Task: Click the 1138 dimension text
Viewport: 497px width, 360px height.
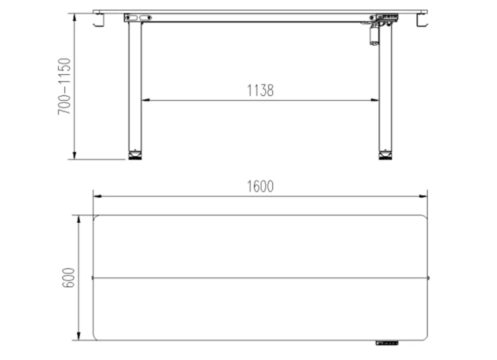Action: click(260, 90)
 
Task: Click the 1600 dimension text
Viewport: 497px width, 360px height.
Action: click(260, 186)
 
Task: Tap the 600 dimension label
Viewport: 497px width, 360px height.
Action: click(68, 278)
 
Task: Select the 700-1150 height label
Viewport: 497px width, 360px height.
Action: click(64, 86)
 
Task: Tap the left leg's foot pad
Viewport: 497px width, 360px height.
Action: click(135, 156)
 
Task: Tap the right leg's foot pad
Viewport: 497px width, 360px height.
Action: click(386, 156)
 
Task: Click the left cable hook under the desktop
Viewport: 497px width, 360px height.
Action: click(99, 21)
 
